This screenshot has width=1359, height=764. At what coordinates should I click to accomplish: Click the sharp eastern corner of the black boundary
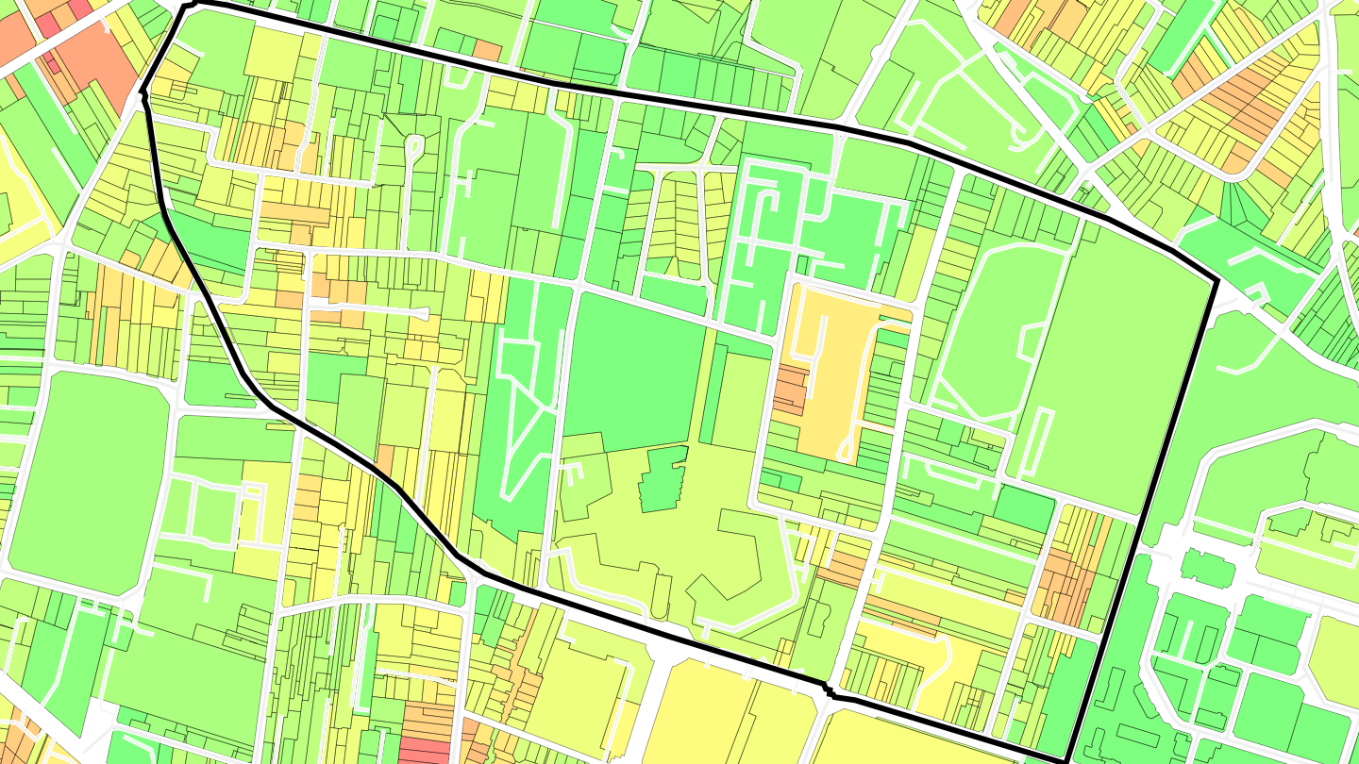point(1216,281)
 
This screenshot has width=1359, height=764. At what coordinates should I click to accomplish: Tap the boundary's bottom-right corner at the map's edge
point(1066,761)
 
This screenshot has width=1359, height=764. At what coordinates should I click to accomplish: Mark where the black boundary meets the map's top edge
point(189,4)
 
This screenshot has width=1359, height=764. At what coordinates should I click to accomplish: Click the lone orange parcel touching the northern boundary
point(487,50)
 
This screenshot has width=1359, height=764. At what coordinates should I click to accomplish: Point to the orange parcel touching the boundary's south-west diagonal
point(385,460)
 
